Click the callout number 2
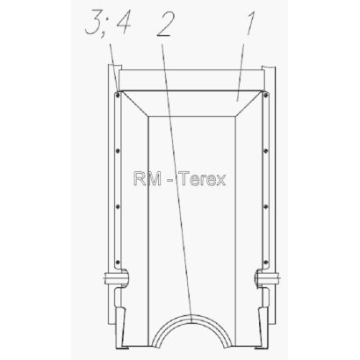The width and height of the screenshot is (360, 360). click(x=165, y=24)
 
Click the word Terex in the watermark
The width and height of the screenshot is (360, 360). click(x=202, y=178)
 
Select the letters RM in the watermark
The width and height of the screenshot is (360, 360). click(x=148, y=178)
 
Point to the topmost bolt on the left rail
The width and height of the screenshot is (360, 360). click(x=117, y=95)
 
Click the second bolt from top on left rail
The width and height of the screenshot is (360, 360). click(x=118, y=151)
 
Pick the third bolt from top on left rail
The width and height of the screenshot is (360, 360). click(x=118, y=206)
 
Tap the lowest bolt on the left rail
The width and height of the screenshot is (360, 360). click(x=118, y=262)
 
